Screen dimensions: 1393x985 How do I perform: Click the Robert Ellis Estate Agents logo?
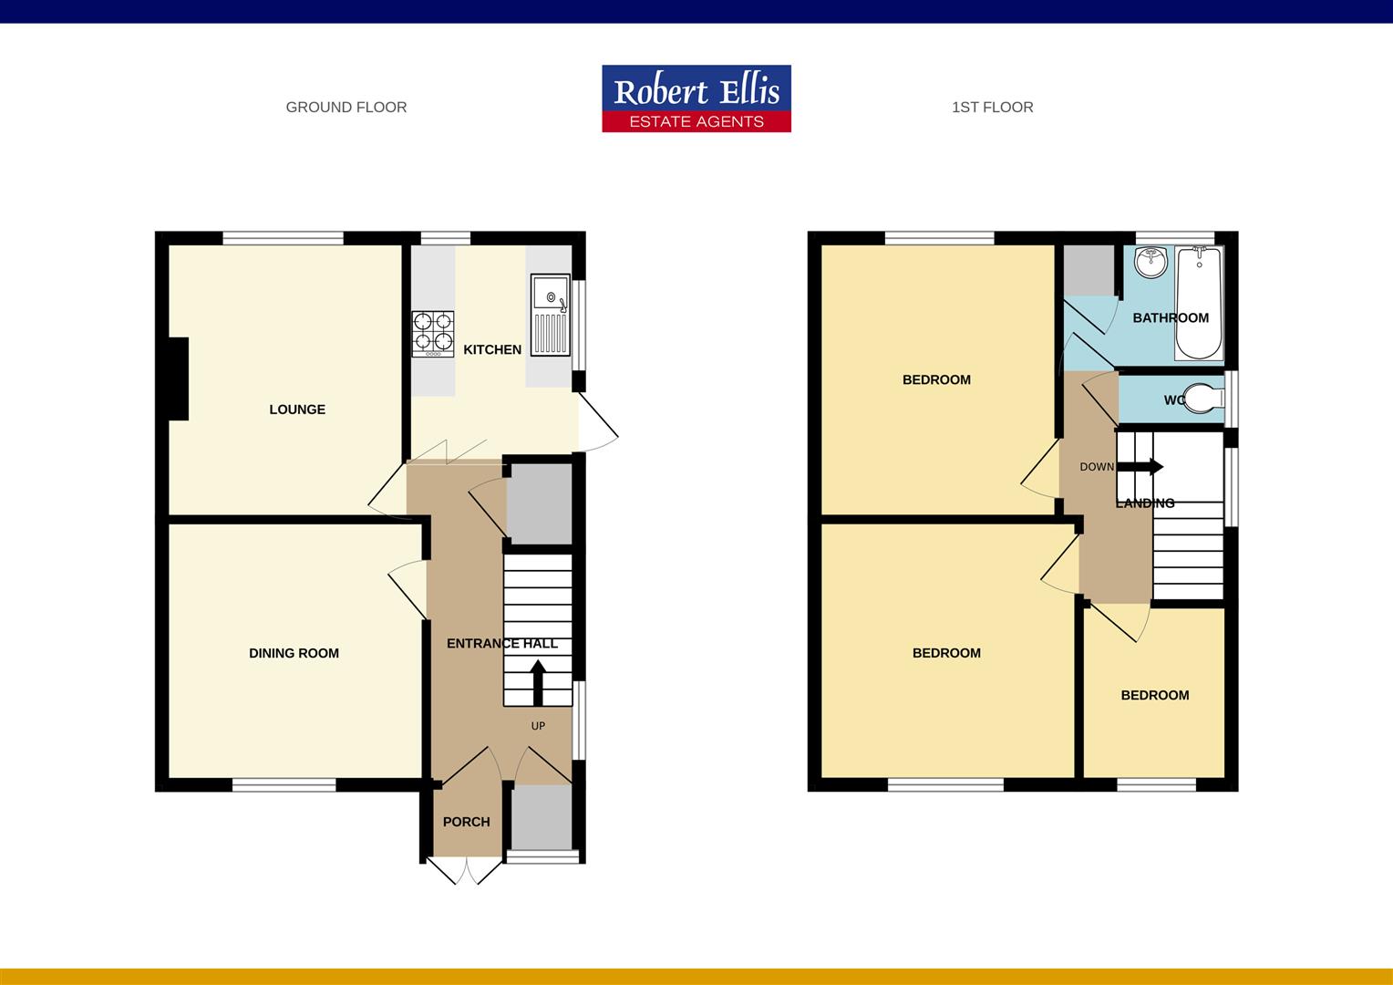[696, 98]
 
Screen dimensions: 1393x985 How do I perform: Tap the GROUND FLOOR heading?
[346, 107]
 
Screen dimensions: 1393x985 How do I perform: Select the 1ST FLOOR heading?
[993, 107]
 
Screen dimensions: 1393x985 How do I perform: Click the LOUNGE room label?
[297, 410]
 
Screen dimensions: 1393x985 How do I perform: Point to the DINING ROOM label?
[294, 653]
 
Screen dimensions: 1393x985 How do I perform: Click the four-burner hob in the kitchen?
[433, 334]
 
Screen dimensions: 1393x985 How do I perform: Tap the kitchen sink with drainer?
[551, 315]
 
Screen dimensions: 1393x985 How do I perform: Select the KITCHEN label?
[492, 349]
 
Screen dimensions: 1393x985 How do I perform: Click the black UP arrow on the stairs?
[538, 682]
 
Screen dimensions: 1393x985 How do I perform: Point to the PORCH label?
[467, 822]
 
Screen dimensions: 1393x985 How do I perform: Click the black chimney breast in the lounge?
[179, 378]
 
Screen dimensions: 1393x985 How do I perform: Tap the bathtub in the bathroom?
[1199, 303]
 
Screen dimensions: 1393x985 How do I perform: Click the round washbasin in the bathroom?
[1151, 262]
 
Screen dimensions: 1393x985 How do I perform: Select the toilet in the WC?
[1204, 399]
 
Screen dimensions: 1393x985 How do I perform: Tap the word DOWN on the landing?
[1097, 467]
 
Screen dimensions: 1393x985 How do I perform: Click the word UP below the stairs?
[538, 726]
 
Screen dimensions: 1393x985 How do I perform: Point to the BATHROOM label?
[1171, 318]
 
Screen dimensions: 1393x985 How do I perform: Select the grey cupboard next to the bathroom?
[1089, 270]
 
